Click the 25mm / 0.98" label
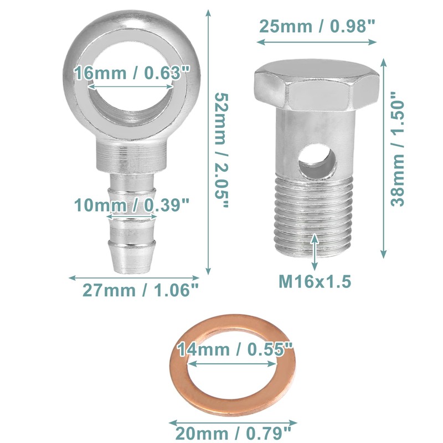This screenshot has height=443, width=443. [x=317, y=25]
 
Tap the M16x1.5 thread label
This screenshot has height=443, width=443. [x=315, y=281]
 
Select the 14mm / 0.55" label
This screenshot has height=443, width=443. [x=234, y=349]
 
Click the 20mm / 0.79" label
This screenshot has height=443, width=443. [x=234, y=430]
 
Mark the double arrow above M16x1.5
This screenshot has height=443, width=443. [x=315, y=252]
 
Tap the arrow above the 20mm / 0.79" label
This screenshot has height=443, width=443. [x=233, y=418]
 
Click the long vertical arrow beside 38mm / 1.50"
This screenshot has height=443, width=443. [x=383, y=158]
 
